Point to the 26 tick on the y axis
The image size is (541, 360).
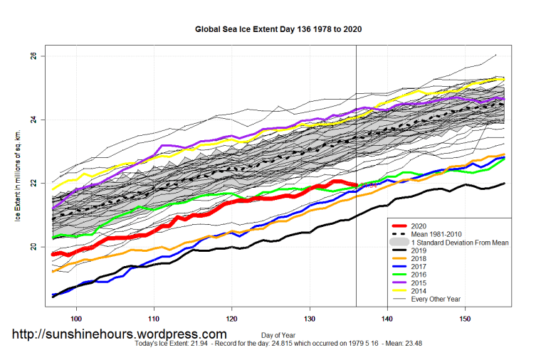click(x=33, y=55)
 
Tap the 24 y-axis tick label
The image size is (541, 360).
click(x=33, y=120)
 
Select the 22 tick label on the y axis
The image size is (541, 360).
click(x=33, y=183)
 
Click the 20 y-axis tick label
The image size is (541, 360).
click(x=33, y=247)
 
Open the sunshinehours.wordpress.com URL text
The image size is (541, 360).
click(x=120, y=334)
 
